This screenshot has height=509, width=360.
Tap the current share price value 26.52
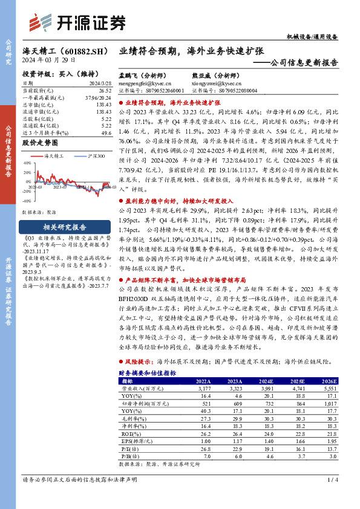103,89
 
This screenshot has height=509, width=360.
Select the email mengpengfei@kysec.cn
146,83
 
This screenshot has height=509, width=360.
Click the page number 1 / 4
331,497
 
